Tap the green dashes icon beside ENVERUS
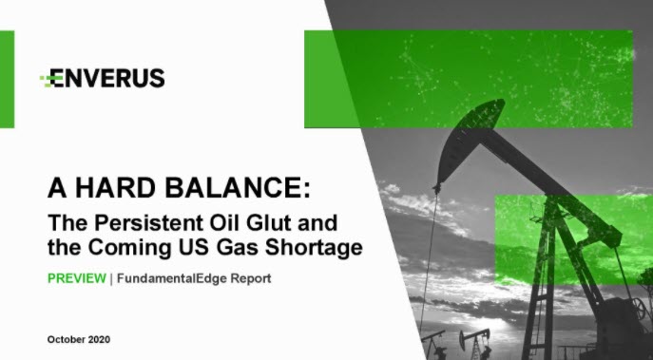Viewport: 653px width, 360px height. (48, 81)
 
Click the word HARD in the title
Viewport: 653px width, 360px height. (117, 187)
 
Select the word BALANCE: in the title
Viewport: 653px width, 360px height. (238, 187)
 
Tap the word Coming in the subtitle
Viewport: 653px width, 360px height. (129, 248)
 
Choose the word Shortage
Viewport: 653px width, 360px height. (314, 248)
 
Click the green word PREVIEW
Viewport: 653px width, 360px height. (77, 278)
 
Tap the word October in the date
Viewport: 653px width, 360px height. (67, 340)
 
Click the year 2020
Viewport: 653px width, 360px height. (100, 340)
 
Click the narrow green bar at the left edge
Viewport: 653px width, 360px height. (7, 79)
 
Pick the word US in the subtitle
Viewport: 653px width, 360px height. (196, 248)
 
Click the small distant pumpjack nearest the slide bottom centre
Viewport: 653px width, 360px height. (475, 342)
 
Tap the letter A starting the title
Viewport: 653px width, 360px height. (58, 187)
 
